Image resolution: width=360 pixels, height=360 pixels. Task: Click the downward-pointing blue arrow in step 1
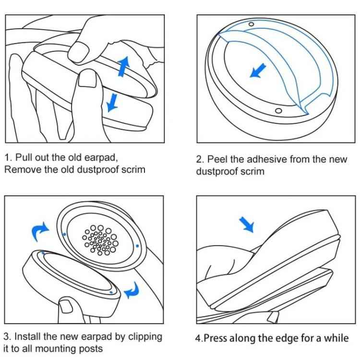pos(112,101)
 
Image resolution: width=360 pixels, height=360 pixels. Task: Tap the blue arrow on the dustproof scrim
pos(258,71)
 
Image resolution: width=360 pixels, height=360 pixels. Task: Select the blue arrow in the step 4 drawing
pos(247,224)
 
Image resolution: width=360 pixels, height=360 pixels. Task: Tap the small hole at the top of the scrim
pos(251,24)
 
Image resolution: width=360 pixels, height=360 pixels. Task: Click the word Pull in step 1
pos(24,157)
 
